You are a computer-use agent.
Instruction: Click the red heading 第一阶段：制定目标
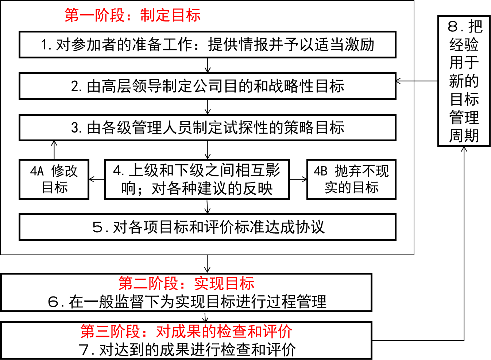(x=133, y=15)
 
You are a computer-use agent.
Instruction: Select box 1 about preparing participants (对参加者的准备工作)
(x=207, y=45)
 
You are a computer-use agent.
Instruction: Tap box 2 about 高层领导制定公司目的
(x=207, y=86)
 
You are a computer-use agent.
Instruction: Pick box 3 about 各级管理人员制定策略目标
(x=207, y=128)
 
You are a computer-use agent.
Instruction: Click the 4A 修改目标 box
(x=54, y=179)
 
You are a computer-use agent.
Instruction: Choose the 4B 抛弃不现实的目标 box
(x=351, y=179)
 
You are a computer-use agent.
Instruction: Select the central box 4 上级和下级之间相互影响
(x=197, y=179)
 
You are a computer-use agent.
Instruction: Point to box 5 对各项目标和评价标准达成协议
(x=207, y=227)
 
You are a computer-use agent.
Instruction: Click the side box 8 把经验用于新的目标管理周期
(x=464, y=81)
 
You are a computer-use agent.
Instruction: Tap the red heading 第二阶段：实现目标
(x=186, y=283)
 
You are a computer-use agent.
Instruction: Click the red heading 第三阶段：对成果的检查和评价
(x=186, y=332)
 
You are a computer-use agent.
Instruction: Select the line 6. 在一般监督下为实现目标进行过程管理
(x=187, y=302)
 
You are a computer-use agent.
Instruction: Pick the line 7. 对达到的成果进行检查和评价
(x=187, y=350)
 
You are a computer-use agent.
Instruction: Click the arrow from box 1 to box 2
(x=208, y=65)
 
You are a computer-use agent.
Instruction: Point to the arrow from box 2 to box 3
(x=208, y=107)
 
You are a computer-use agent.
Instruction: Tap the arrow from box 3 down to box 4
(x=208, y=150)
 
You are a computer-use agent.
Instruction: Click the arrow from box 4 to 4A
(x=97, y=179)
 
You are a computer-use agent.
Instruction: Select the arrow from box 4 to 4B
(x=298, y=179)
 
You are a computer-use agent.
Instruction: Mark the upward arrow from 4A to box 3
(x=54, y=150)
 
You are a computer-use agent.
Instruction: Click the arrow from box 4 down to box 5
(x=208, y=207)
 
